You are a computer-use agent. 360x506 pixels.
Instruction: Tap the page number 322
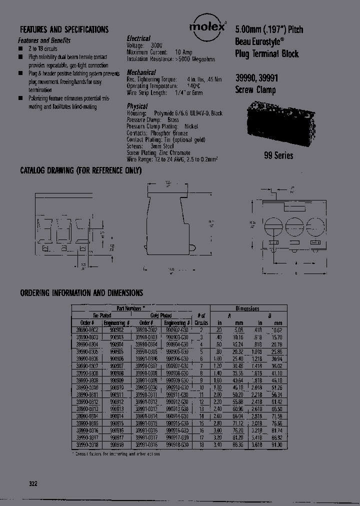click(33, 483)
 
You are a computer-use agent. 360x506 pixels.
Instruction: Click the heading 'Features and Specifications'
click(64, 29)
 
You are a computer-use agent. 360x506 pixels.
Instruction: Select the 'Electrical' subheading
click(138, 38)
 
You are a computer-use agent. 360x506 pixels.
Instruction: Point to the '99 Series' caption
click(278, 155)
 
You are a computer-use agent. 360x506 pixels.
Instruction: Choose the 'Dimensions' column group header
click(247, 309)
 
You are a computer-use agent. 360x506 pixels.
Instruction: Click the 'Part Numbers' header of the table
click(130, 309)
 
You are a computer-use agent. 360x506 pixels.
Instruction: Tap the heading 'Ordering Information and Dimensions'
click(81, 293)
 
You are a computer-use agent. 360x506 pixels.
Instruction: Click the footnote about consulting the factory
click(118, 454)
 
